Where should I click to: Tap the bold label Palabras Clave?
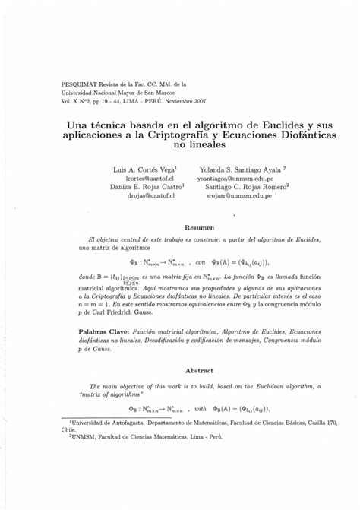tap(104, 332)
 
